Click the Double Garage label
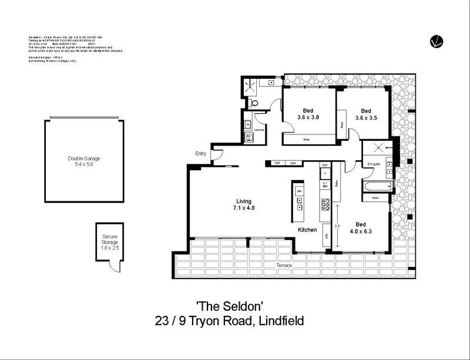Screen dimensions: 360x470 tap(84, 158)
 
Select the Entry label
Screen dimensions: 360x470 tap(201, 154)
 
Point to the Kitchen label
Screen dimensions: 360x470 tap(307, 230)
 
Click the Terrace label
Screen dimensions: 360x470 tap(284, 265)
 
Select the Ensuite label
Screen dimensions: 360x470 tap(374, 164)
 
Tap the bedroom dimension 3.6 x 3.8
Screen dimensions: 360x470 tap(308, 117)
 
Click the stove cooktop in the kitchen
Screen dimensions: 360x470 tap(325, 204)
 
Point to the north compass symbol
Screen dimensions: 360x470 tap(435, 41)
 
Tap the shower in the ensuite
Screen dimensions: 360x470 tap(375, 149)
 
